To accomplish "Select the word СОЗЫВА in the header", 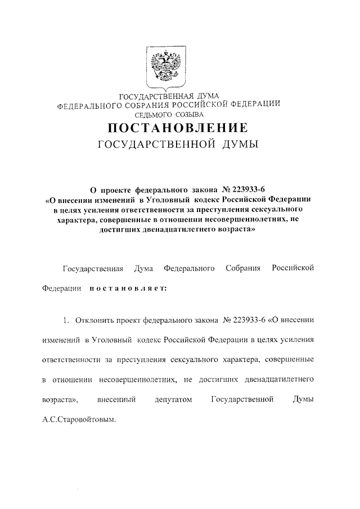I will [190, 114].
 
